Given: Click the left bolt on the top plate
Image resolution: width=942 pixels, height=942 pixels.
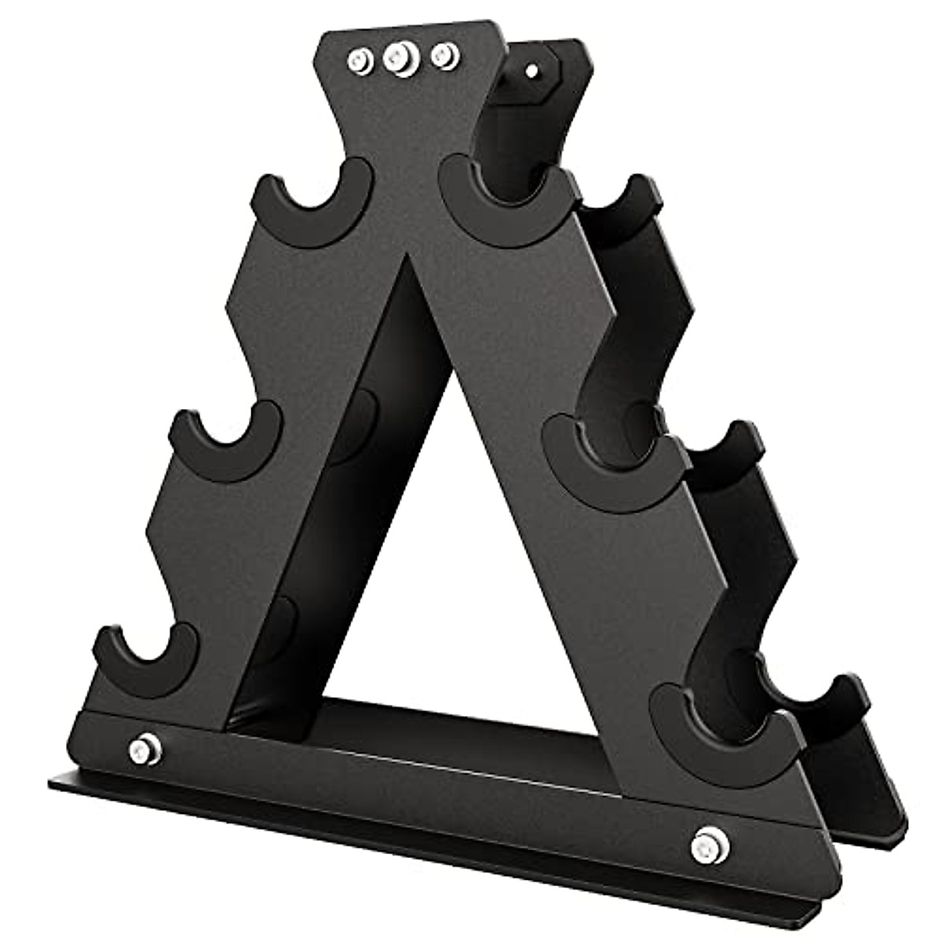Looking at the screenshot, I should click(360, 59).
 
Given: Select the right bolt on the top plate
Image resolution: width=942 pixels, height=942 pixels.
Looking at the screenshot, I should click(444, 55).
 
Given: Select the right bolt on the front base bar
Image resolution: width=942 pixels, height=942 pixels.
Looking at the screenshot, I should click(703, 845).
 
